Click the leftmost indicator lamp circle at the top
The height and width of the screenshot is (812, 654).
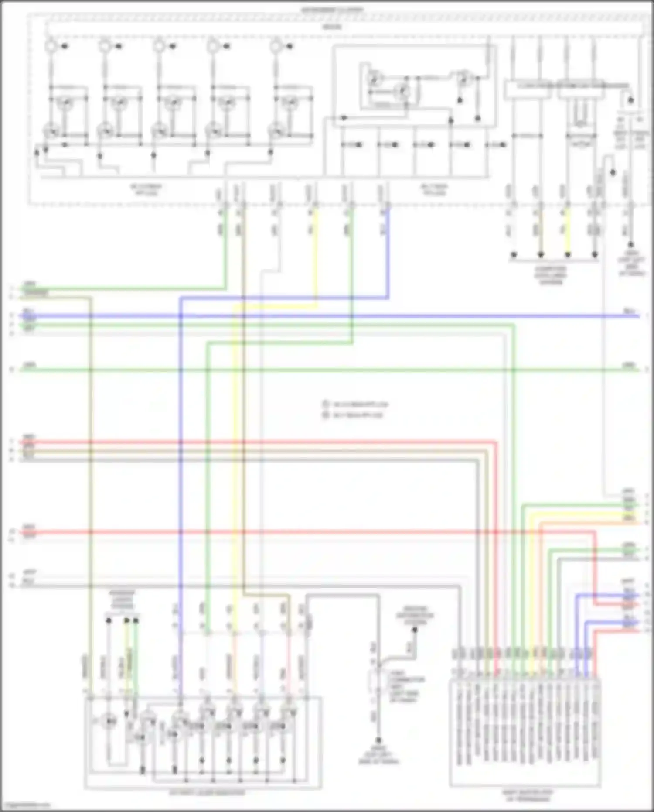click(x=51, y=45)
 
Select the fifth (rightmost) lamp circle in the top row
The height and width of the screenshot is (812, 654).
click(x=276, y=45)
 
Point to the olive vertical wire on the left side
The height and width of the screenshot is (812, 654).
click(x=91, y=480)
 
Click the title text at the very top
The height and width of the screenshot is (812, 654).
click(x=332, y=9)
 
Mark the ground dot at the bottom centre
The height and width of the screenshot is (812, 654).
click(x=378, y=740)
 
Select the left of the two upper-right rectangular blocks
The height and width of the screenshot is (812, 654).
click(x=528, y=90)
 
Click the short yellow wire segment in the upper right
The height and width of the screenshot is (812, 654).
click(x=567, y=231)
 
